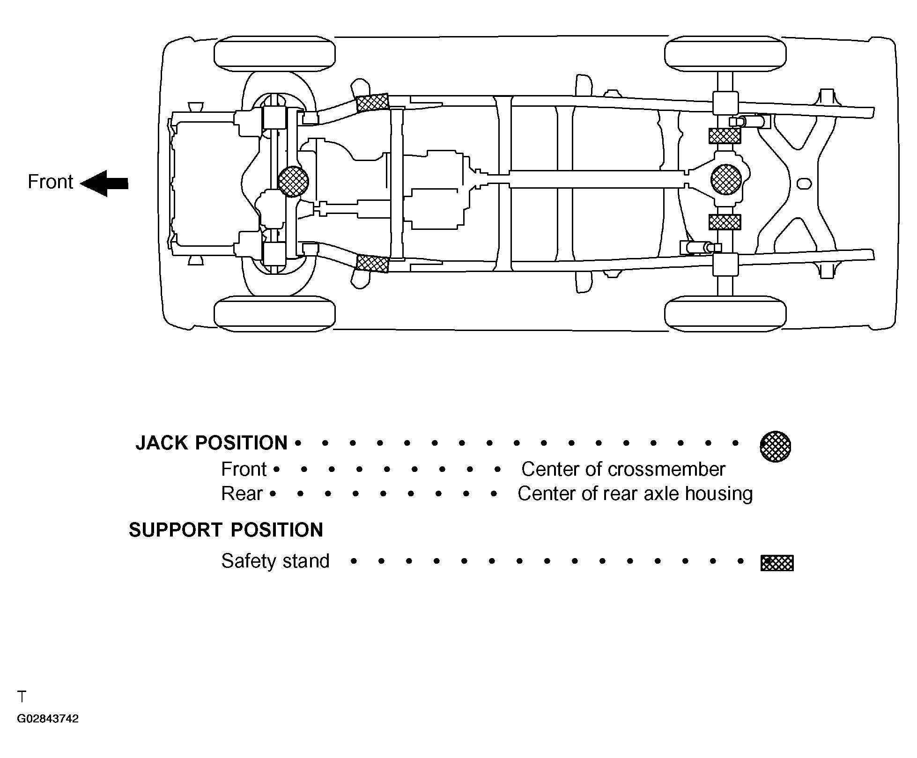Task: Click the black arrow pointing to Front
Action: [x=104, y=183]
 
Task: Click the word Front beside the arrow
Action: [x=50, y=182]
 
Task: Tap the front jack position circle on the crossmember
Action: [x=293, y=181]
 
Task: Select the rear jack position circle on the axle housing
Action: [x=726, y=179]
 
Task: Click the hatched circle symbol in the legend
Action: [x=775, y=446]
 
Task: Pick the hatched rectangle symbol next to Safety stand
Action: [x=777, y=563]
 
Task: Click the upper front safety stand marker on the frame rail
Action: [x=372, y=103]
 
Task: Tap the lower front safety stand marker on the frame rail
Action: [x=372, y=264]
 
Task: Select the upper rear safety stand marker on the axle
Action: [x=725, y=136]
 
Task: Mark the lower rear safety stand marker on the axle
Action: [x=725, y=222]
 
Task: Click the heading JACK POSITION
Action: [x=211, y=443]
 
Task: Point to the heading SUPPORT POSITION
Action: [x=226, y=530]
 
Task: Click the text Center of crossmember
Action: [x=623, y=469]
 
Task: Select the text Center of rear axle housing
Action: [x=635, y=493]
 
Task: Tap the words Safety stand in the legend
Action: [x=275, y=561]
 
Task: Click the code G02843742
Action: [x=48, y=719]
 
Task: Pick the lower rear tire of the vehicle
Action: [x=725, y=313]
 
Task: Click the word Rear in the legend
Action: [x=242, y=493]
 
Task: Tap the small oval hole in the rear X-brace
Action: [x=804, y=184]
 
